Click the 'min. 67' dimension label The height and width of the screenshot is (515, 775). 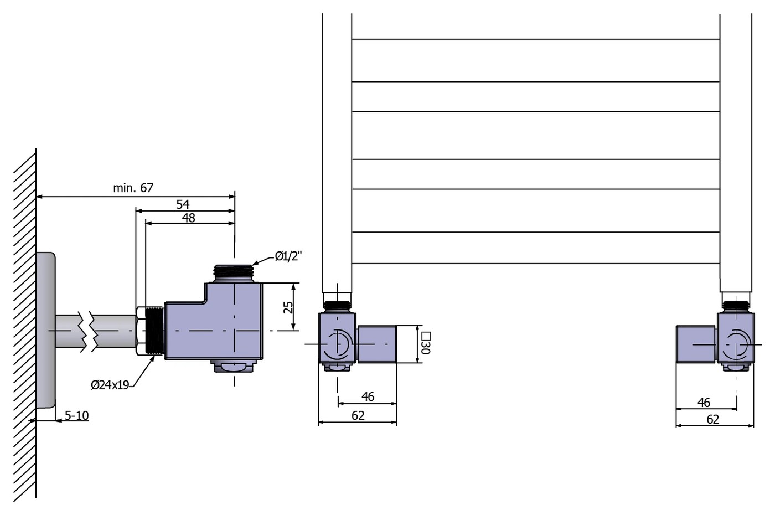pyautogui.click(x=133, y=188)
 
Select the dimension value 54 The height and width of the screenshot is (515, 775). pyautogui.click(x=183, y=204)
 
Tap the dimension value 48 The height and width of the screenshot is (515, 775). pyautogui.click(x=189, y=218)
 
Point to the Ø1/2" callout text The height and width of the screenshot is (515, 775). pyautogui.click(x=288, y=256)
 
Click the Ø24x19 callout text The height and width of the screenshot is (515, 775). pyautogui.click(x=110, y=385)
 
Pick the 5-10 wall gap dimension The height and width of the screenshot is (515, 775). pyautogui.click(x=77, y=415)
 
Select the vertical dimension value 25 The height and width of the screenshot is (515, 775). pyautogui.click(x=288, y=307)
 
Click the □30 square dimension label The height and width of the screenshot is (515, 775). pyautogui.click(x=426, y=343)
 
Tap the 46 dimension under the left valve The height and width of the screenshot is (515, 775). pyautogui.click(x=368, y=396)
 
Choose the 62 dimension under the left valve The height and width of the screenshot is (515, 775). pyautogui.click(x=358, y=416)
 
